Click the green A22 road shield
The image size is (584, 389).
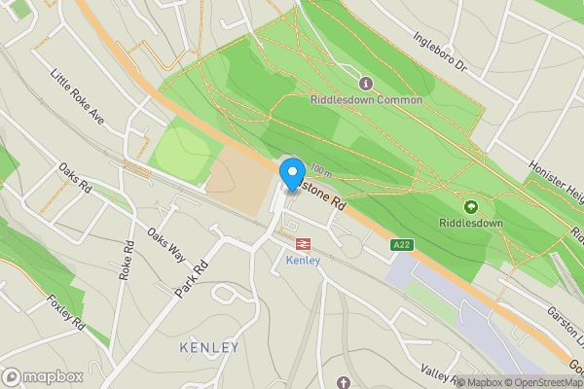[x=400, y=246]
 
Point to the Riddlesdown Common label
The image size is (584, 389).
[x=366, y=100]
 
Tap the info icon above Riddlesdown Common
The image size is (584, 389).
[x=366, y=83]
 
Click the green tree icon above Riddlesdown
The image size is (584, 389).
[x=471, y=206]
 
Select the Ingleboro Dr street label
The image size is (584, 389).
[x=441, y=55]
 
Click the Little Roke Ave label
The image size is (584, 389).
[x=78, y=95]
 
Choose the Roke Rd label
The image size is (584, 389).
[x=126, y=262]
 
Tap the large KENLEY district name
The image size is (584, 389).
[x=209, y=347]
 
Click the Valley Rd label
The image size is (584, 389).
[x=439, y=371]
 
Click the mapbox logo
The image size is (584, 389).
[x=43, y=376]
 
